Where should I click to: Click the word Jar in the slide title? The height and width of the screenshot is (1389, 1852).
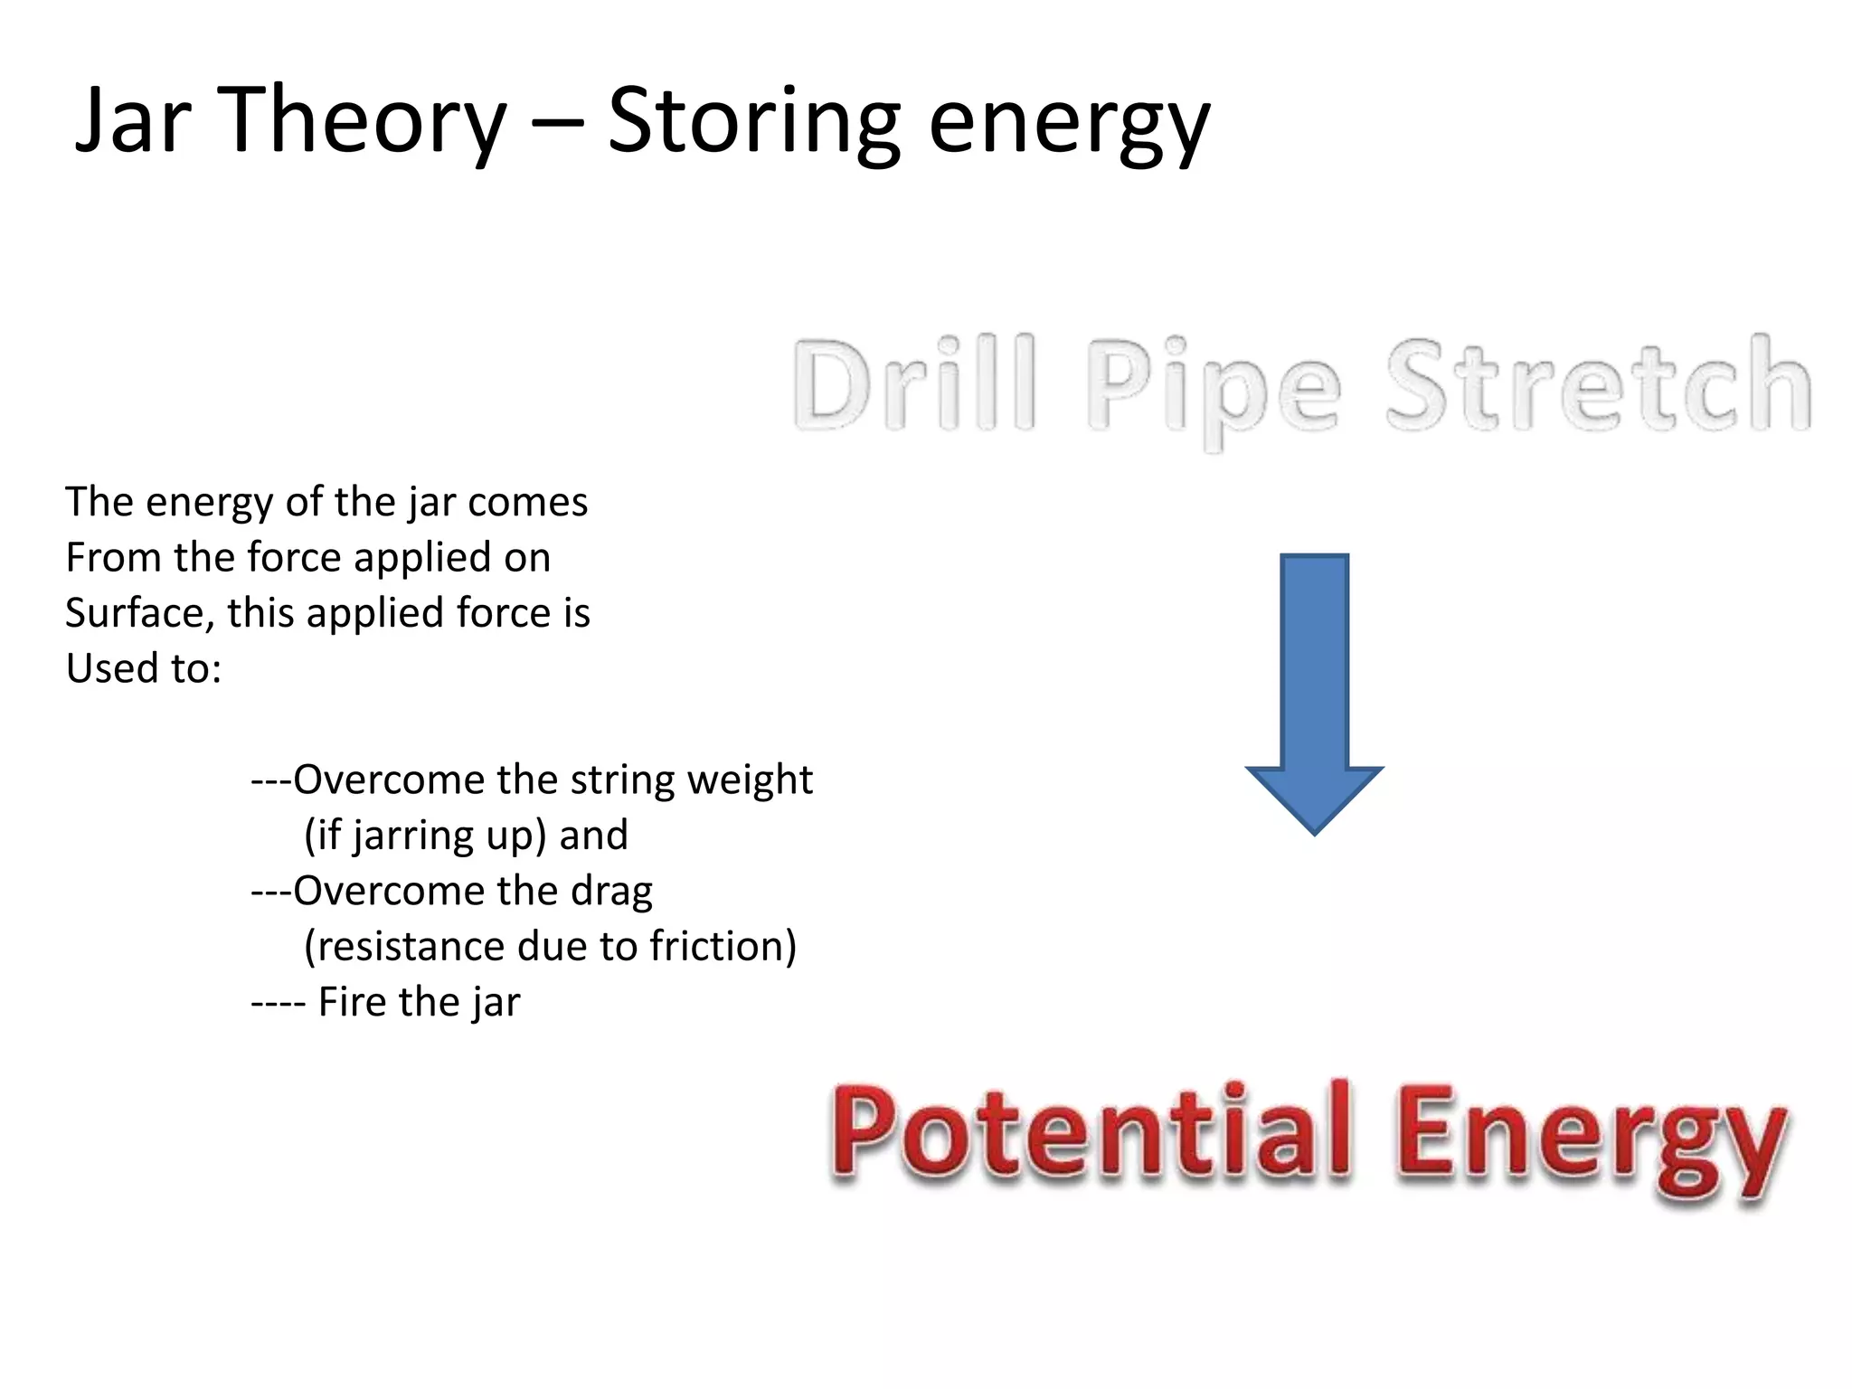(133, 120)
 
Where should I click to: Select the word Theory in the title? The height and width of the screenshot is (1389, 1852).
(361, 120)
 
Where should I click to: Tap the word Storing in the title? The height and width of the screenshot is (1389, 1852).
(753, 120)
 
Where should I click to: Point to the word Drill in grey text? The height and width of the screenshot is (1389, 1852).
(914, 384)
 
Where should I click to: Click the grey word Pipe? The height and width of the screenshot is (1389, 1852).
(1213, 389)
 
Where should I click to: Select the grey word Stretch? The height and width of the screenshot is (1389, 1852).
(1598, 384)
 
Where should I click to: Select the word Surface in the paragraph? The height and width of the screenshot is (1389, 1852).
(139, 613)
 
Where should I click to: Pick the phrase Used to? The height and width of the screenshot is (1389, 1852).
(143, 669)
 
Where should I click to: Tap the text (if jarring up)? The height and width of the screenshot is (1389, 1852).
(425, 836)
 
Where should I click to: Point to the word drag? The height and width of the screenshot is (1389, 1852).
(611, 893)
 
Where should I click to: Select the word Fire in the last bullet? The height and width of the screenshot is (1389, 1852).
(352, 1002)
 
